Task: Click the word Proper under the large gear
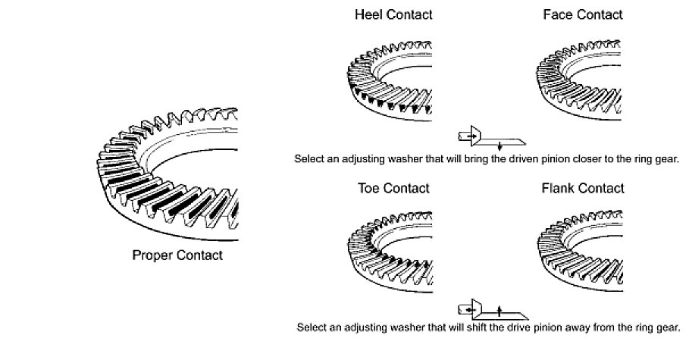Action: pyautogui.click(x=152, y=256)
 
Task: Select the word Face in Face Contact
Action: pyautogui.click(x=558, y=14)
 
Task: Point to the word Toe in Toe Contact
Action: pyautogui.click(x=368, y=189)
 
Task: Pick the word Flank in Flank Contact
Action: pyautogui.click(x=559, y=189)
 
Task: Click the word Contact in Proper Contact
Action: pyautogui.click(x=199, y=256)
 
